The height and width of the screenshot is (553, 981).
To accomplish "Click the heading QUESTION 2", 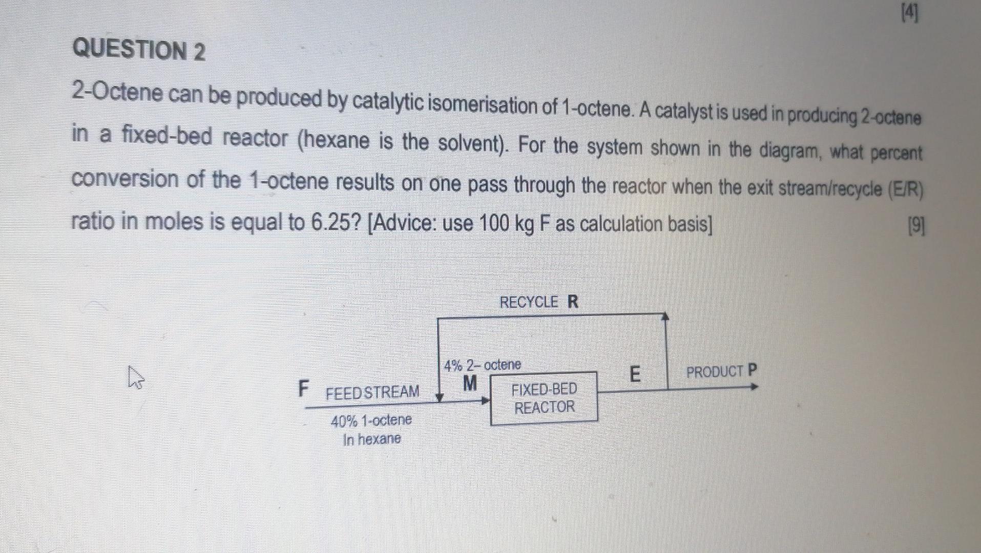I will click(139, 50).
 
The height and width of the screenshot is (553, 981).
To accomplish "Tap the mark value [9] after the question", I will click(916, 226).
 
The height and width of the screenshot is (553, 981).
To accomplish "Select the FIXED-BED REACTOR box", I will click(544, 398).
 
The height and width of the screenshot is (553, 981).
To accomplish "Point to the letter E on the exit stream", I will click(634, 374).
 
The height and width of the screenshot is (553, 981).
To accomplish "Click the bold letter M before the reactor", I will click(469, 382).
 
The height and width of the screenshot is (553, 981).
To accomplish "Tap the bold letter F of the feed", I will click(304, 389).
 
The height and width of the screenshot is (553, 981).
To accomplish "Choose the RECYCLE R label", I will click(538, 302).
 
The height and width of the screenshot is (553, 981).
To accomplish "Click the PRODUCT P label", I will click(721, 371).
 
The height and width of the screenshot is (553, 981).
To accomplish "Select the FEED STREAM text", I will click(372, 392).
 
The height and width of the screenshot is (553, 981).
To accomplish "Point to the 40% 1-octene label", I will click(371, 421).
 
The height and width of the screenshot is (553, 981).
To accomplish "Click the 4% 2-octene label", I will click(483, 365).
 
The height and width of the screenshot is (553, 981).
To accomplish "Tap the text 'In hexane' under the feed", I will click(372, 439).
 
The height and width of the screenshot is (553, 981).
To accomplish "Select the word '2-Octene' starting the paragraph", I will click(118, 93).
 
